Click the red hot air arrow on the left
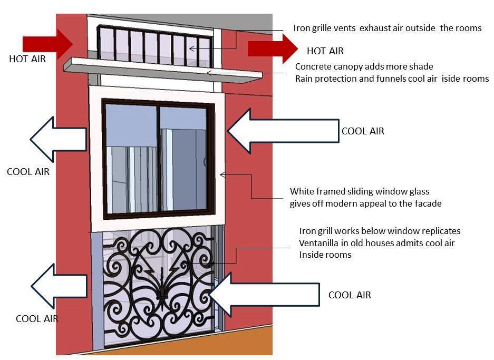48,44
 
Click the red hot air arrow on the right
273,49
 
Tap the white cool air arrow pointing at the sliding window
283,131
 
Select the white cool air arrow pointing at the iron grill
264,295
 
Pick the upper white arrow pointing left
59,139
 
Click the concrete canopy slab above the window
163,70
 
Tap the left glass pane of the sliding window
131,159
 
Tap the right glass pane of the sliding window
183,159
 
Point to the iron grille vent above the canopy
154,45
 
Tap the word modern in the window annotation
340,203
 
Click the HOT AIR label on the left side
27,59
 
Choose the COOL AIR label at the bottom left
37,319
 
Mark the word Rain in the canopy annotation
304,79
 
